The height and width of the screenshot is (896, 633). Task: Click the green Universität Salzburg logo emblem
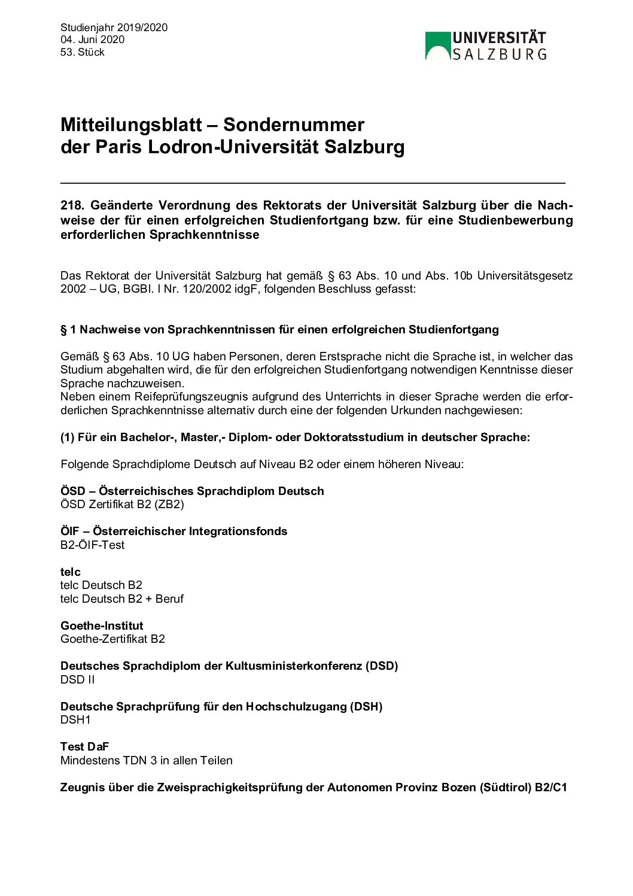437,46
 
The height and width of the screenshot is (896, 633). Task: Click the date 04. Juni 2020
92,40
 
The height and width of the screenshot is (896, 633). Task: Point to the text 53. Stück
82,52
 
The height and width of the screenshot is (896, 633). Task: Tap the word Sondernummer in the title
293,124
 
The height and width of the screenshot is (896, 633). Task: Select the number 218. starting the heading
72,205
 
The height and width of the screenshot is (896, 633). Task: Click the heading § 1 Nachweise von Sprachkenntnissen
279,329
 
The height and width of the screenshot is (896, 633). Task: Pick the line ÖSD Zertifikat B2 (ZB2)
122,504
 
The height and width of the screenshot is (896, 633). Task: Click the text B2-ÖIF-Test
92,545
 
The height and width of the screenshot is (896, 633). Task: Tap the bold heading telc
70,572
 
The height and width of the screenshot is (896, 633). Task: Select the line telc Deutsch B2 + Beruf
122,599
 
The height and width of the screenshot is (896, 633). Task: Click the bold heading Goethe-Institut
102,625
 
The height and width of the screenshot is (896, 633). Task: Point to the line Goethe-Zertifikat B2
112,639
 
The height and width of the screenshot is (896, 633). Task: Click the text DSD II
77,679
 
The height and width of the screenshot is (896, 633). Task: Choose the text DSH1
75,719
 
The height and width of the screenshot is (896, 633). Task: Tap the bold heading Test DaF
84,746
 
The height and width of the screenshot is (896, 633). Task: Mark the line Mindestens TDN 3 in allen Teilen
147,760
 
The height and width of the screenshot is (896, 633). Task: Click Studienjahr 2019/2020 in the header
114,28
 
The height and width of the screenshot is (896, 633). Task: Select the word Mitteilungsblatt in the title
131,124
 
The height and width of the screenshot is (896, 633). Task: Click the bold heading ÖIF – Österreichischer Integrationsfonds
174,531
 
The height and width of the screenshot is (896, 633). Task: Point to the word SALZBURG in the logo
499,54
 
